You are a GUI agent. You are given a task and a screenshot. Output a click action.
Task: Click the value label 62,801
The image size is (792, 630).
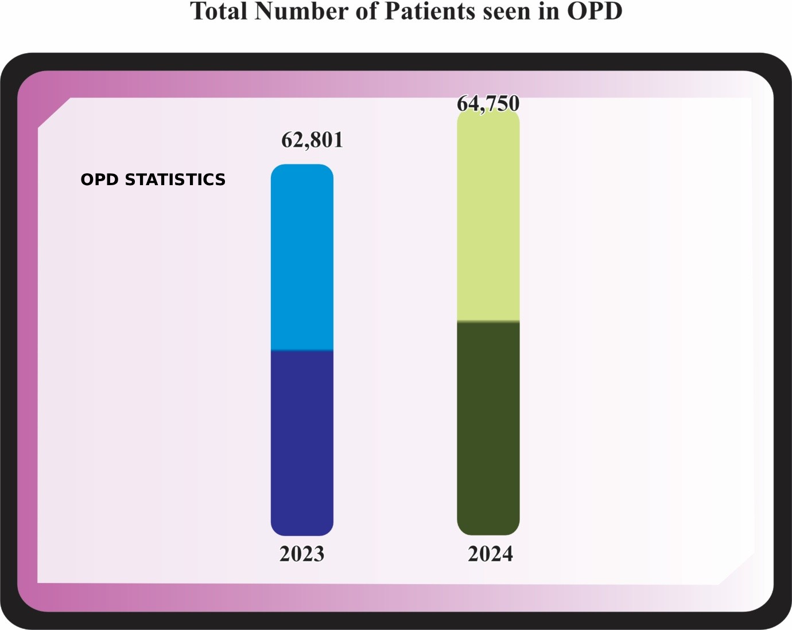coord(312,140)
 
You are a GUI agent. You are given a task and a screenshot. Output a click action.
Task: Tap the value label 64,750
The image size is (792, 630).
coord(488,103)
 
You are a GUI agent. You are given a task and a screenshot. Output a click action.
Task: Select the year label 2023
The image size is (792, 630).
coord(302,554)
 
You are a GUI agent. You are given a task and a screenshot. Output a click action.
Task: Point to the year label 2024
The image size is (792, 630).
coord(491,554)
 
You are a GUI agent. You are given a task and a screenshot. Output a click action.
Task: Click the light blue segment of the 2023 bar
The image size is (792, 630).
coord(302,258)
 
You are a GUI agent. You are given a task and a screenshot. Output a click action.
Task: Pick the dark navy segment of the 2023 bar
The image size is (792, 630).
coord(302,441)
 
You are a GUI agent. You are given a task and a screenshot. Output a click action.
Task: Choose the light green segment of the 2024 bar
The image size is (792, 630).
coord(488,218)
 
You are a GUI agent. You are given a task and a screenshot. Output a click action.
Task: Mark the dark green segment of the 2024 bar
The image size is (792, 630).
coord(488,427)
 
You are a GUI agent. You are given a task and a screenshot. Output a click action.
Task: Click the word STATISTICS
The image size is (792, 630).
coord(175,179)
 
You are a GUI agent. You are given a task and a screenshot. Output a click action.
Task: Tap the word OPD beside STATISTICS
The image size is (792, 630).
coord(100,179)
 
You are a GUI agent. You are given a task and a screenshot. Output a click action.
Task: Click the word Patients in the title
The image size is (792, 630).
coord(430,11)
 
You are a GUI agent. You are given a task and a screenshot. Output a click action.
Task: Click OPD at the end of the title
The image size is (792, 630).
coord(595,11)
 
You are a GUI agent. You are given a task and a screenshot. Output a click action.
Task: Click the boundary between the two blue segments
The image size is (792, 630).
coord(302,350)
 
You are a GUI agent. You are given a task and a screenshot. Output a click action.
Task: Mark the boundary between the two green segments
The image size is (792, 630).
coord(488,322)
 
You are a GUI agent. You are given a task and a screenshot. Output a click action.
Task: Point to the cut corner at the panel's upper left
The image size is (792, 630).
coord(54,113)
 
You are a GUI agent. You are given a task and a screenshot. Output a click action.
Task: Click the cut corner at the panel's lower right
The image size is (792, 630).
coord(736,569)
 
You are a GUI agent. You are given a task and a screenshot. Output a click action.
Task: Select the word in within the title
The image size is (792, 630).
coord(549,11)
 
